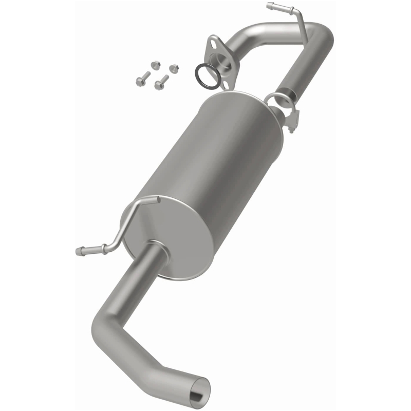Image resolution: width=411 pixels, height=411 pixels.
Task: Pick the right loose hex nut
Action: tap(173, 67)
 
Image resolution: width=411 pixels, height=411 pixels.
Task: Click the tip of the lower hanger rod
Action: tap(79, 251)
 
